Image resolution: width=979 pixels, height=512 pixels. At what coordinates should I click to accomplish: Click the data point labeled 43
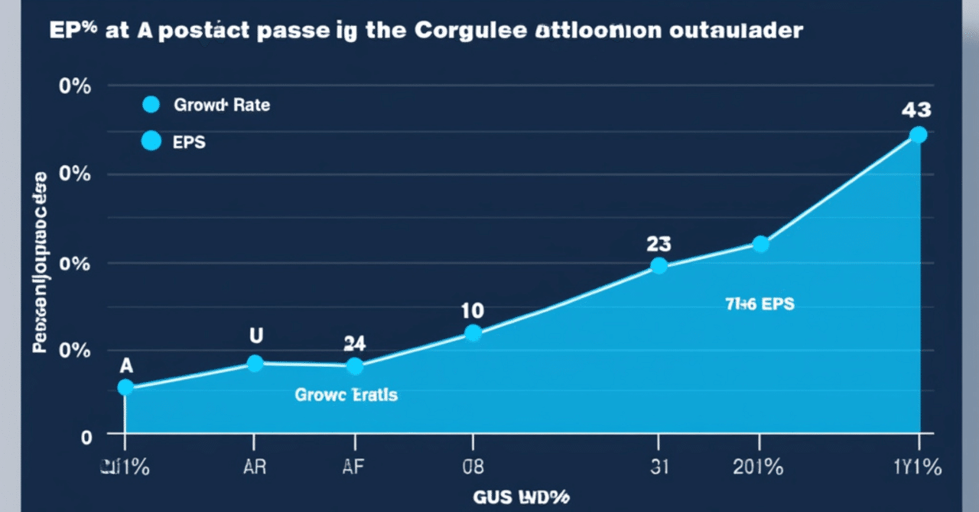click(x=919, y=134)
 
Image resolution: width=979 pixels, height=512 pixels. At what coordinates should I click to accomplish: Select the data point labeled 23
click(x=659, y=265)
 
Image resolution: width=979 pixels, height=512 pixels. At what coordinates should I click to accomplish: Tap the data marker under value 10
click(x=473, y=332)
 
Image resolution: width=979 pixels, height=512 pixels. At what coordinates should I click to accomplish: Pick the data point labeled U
click(x=255, y=363)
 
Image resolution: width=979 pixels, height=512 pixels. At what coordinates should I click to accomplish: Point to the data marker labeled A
click(x=125, y=387)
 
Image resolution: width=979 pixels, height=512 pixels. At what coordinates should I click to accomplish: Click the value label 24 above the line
click(x=354, y=343)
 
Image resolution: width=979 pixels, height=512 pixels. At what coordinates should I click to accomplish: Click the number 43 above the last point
click(x=916, y=109)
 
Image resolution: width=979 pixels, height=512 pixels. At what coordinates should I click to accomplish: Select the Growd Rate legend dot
click(x=151, y=105)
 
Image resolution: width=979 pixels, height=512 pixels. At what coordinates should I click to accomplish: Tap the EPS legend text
click(x=190, y=141)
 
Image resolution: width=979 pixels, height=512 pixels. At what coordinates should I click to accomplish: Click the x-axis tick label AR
click(x=255, y=467)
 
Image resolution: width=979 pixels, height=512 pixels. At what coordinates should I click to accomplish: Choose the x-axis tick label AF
click(x=354, y=467)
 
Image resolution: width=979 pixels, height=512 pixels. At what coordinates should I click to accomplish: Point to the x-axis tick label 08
click(x=473, y=467)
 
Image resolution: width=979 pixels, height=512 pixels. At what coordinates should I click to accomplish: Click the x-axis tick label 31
click(x=659, y=467)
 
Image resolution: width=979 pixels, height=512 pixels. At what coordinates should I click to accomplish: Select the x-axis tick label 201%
click(x=759, y=467)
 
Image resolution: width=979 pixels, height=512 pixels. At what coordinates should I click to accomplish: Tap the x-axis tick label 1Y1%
click(x=917, y=467)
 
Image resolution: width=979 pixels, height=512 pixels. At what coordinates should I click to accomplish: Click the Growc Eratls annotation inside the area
click(x=346, y=395)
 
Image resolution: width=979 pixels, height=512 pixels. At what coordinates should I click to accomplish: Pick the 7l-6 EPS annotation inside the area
click(x=759, y=304)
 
